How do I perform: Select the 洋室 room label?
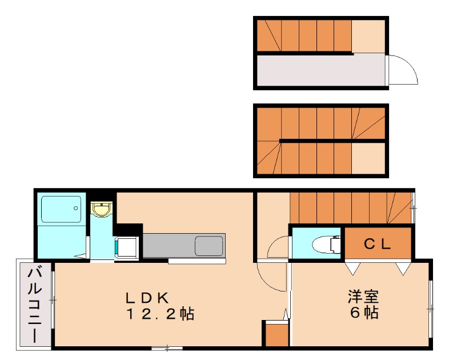coord(364,297)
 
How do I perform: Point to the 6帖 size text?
coord(364,313)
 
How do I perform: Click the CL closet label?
coord(378,245)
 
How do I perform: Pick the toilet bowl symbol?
coord(325,245)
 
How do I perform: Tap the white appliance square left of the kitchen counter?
coord(127,247)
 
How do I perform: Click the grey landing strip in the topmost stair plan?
coord(320,71)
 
